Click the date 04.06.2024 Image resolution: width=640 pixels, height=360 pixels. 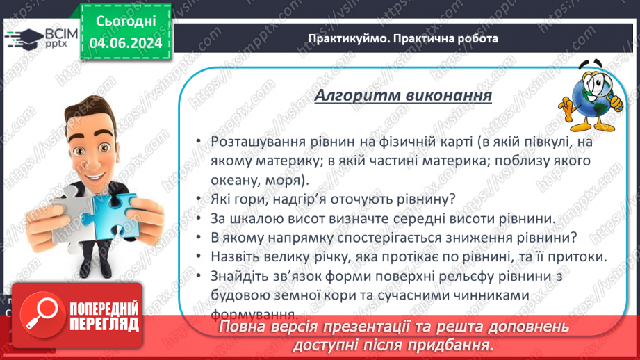[125, 42]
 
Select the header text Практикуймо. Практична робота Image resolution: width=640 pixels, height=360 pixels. [403, 38]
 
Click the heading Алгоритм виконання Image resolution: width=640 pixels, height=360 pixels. [403, 95]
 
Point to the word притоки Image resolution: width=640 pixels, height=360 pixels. [580, 256]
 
